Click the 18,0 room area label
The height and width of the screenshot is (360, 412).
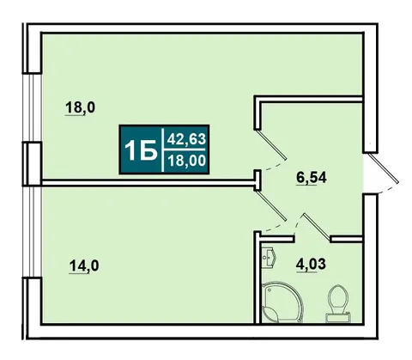click(x=81, y=107)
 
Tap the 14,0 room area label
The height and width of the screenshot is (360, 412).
click(x=84, y=265)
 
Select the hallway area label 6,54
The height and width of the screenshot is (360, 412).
click(x=312, y=178)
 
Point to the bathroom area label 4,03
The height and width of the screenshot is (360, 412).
click(x=311, y=264)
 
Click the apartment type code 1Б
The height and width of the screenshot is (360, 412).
click(x=141, y=150)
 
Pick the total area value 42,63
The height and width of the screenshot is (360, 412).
click(x=186, y=139)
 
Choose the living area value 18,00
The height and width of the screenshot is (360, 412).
click(x=186, y=160)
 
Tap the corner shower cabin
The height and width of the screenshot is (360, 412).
click(x=282, y=302)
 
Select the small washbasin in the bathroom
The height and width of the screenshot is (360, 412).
click(x=269, y=257)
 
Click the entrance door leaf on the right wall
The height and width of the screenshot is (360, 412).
click(x=384, y=168)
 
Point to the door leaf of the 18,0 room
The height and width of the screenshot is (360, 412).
click(x=270, y=144)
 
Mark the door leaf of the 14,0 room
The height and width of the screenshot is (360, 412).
click(x=270, y=205)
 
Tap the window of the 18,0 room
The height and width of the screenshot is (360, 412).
click(x=32, y=107)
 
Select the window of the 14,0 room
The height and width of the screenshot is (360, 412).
click(x=32, y=232)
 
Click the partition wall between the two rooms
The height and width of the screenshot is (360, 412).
click(x=148, y=183)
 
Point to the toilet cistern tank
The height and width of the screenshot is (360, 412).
click(x=339, y=318)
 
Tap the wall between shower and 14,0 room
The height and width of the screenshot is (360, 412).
click(x=257, y=278)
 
